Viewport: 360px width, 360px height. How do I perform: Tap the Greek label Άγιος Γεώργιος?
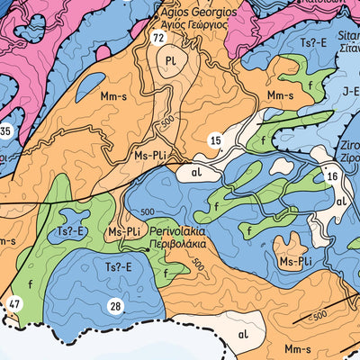coord(196,26)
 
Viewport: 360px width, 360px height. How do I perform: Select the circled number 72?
coord(158,39)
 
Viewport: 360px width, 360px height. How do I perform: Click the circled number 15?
coord(215,139)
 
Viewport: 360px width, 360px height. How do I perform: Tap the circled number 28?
coord(115,308)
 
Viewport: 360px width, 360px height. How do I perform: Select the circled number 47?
coord(13,304)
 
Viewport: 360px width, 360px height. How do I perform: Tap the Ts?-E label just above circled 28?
coord(117,267)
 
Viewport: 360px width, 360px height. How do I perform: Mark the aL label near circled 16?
coord(341,203)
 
